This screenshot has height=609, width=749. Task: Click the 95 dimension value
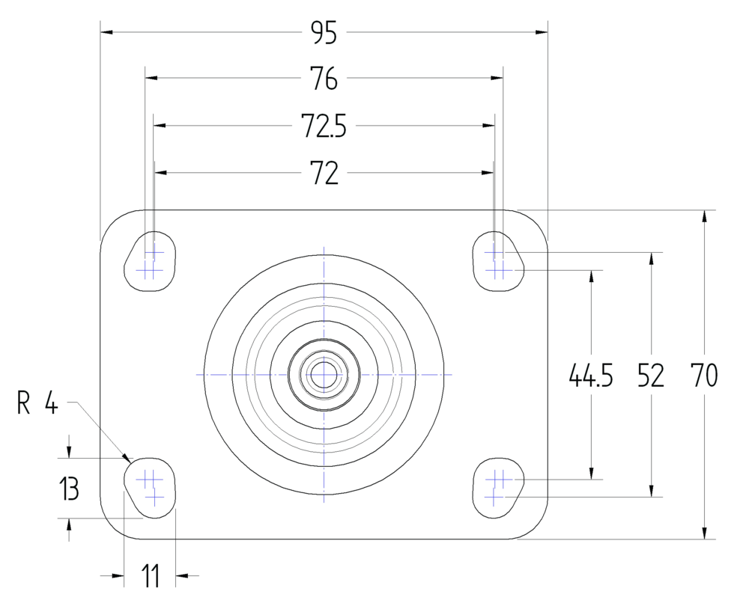324,32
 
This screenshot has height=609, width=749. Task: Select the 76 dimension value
324,78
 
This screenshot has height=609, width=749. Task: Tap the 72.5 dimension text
324,126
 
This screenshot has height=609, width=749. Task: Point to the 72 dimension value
324,174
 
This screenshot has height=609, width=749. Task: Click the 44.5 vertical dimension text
591,376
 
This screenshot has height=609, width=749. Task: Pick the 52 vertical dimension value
650,376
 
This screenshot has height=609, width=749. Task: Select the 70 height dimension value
704,376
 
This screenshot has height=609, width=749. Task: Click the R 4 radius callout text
37,405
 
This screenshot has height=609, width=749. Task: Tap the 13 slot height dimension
69,490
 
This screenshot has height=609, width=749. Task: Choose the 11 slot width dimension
151,576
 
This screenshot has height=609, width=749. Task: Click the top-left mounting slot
151,259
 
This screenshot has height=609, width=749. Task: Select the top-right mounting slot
497,259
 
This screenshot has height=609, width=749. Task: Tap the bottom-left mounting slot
151,486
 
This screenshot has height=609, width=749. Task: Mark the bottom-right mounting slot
497,486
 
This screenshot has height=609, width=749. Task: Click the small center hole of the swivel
324,374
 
